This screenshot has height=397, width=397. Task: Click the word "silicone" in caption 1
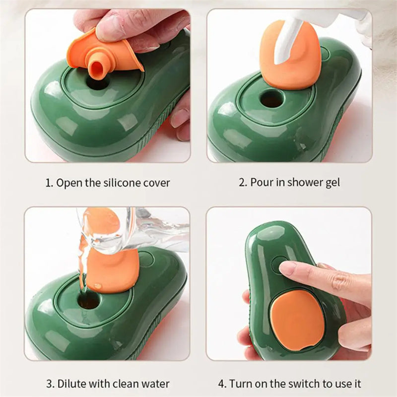[122, 183]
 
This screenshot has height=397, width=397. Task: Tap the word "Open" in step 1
[67, 183]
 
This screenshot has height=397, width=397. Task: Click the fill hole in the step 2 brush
[272, 99]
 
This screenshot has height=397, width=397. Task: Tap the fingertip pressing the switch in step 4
[287, 268]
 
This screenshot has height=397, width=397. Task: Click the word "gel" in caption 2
[332, 183]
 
